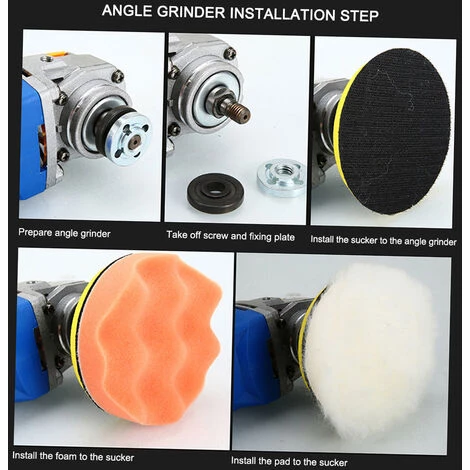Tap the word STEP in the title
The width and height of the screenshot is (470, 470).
point(359,15)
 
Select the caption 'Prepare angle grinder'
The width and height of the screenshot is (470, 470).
point(64,233)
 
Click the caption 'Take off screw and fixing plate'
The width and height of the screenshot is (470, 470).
point(231,236)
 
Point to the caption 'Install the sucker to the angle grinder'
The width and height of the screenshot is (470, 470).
point(383,241)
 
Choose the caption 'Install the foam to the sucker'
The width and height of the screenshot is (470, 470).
point(73,456)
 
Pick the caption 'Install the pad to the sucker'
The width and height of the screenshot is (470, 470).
point(289,461)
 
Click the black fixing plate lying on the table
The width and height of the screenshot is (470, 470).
point(215,193)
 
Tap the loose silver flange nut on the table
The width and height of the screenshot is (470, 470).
point(281,177)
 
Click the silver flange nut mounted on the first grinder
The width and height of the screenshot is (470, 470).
point(130,139)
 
